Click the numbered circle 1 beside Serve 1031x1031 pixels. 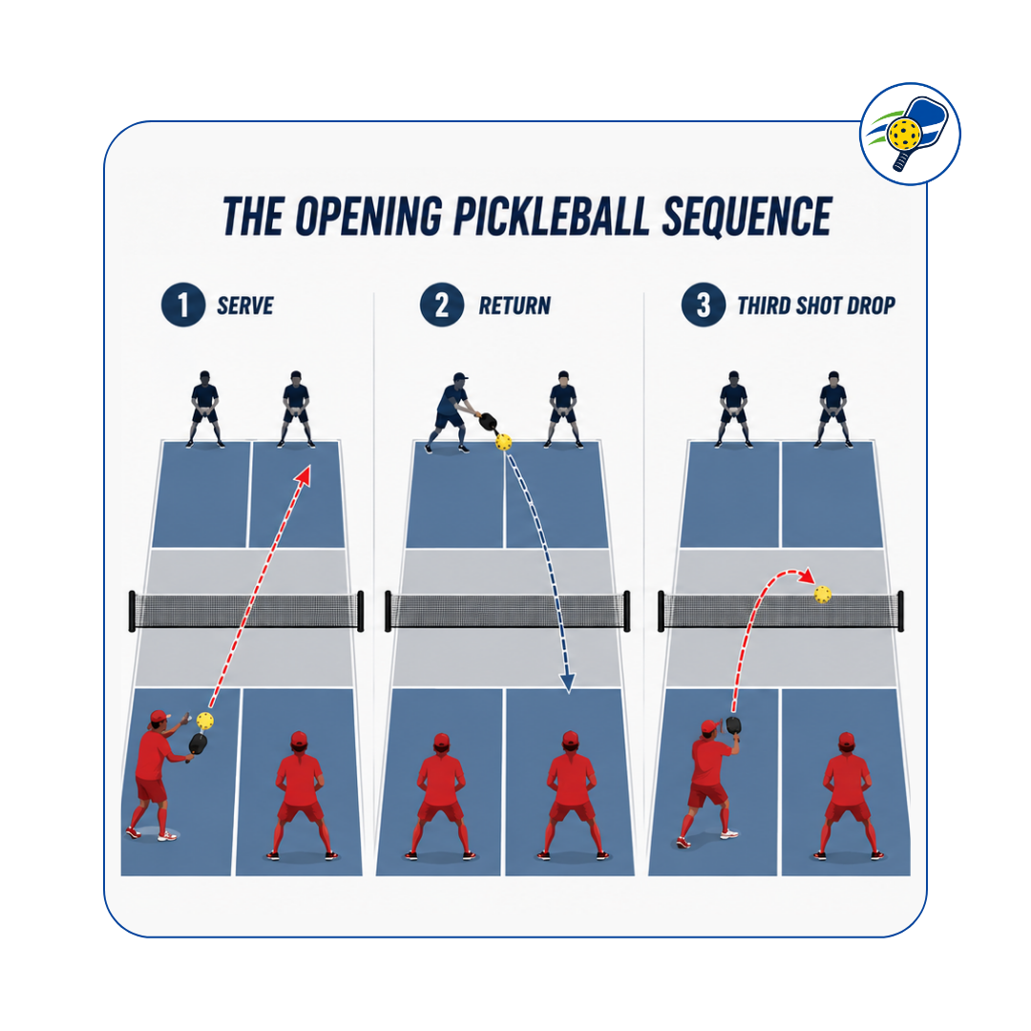click(182, 305)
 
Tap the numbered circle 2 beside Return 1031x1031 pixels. click(442, 305)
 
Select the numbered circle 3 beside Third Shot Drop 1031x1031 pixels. click(703, 305)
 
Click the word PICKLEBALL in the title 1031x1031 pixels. click(551, 216)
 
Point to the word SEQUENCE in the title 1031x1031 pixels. click(747, 216)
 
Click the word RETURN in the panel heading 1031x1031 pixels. click(515, 305)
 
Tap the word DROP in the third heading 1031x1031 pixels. click(871, 305)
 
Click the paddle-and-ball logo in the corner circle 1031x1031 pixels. click(910, 135)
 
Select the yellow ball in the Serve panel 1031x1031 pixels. click(205, 721)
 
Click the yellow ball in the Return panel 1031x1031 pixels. click(503, 442)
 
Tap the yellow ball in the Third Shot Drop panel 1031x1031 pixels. click(823, 595)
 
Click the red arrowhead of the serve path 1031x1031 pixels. click(304, 475)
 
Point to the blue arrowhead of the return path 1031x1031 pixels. click(567, 683)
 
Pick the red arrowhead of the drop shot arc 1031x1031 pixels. click(807, 577)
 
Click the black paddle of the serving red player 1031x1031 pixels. click(197, 747)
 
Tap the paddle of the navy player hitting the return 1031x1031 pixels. click(487, 421)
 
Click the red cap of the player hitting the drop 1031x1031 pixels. click(708, 726)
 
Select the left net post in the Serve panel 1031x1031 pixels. click(132, 612)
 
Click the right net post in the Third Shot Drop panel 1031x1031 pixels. click(900, 612)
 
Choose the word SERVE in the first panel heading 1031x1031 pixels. click(244, 305)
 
